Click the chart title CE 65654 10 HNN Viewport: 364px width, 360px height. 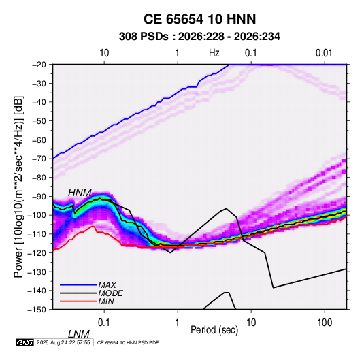[199, 19]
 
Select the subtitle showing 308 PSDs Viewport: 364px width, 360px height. [199, 37]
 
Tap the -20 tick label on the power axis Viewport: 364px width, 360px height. [39, 65]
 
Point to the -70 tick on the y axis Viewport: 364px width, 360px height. [39, 159]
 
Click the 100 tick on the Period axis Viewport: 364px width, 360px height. [325, 323]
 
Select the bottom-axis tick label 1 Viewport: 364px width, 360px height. [178, 323]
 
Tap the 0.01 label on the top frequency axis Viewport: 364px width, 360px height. [324, 53]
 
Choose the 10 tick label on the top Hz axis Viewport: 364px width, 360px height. [104, 53]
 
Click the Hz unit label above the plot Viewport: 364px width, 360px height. [214, 53]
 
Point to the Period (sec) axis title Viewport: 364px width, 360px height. [214, 330]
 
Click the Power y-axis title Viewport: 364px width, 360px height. [18, 187]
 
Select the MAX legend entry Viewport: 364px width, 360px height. [107, 285]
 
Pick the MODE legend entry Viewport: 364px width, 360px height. [110, 293]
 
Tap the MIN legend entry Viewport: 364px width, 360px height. [106, 301]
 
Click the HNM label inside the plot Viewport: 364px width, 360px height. [80, 193]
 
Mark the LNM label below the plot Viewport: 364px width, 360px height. [79, 334]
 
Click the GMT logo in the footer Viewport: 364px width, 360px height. [24, 342]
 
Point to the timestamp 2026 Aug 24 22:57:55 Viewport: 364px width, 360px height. [63, 342]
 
